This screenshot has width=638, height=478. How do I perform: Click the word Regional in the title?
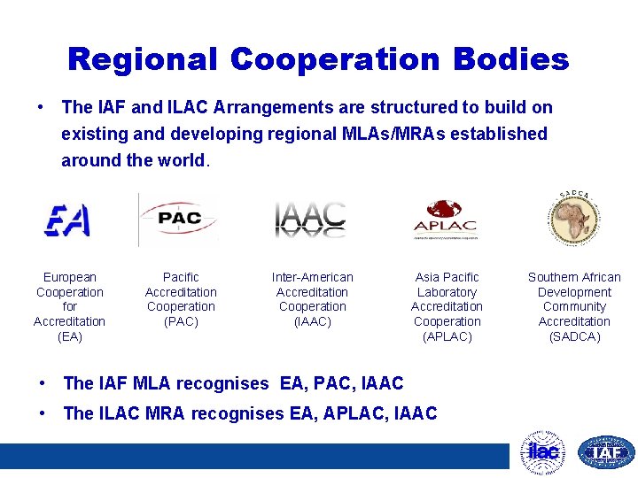click(x=142, y=59)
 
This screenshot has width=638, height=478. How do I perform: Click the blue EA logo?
click(x=68, y=220)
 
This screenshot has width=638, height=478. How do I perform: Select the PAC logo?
click(x=180, y=218)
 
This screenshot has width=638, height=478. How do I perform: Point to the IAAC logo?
click(x=310, y=220)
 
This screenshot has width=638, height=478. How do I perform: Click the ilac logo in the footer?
click(x=542, y=452)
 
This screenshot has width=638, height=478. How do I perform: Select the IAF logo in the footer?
click(x=606, y=452)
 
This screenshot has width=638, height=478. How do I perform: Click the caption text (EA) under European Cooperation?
click(x=69, y=336)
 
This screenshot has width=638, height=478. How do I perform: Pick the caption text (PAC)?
click(x=181, y=321)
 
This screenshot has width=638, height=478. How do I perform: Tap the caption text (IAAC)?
click(x=312, y=321)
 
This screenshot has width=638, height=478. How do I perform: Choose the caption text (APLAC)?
click(x=447, y=336)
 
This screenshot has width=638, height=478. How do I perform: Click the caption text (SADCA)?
click(x=574, y=336)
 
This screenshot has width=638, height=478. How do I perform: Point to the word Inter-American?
click(x=312, y=277)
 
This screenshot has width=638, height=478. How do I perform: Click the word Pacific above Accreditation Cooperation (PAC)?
click(x=181, y=277)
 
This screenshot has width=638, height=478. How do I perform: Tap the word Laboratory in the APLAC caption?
click(x=447, y=292)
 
